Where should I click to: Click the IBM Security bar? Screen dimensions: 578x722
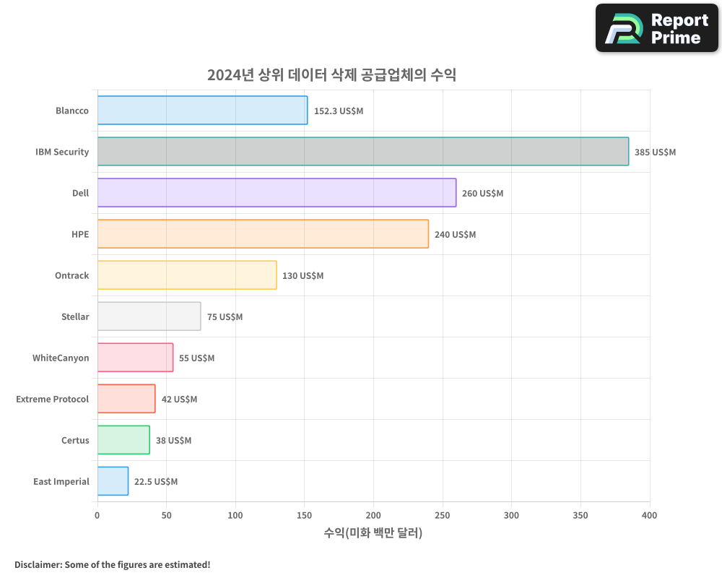(362, 152)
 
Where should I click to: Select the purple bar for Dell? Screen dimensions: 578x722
(277, 193)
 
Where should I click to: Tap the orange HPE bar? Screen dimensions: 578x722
(263, 234)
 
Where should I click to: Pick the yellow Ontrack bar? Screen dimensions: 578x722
(187, 275)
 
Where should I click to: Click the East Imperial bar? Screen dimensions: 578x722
(113, 481)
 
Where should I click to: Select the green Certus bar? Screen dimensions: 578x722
(123, 440)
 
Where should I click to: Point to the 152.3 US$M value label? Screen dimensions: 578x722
(339, 111)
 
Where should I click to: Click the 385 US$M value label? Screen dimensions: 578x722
(655, 152)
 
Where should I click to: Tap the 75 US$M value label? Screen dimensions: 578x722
(225, 317)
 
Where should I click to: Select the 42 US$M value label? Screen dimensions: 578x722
(179, 400)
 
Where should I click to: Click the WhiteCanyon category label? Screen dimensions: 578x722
(61, 358)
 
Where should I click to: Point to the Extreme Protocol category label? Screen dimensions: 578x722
(53, 399)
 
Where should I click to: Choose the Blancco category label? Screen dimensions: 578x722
(72, 111)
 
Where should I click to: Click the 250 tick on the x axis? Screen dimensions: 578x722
(443, 515)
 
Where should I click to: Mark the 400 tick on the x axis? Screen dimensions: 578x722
(649, 515)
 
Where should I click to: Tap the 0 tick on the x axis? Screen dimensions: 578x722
(97, 515)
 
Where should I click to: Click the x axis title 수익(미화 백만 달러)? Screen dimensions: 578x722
(373, 533)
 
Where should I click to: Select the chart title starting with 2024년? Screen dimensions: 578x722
(331, 75)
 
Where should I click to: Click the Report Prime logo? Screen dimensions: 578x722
(656, 28)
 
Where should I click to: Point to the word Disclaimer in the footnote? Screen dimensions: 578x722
(37, 564)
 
